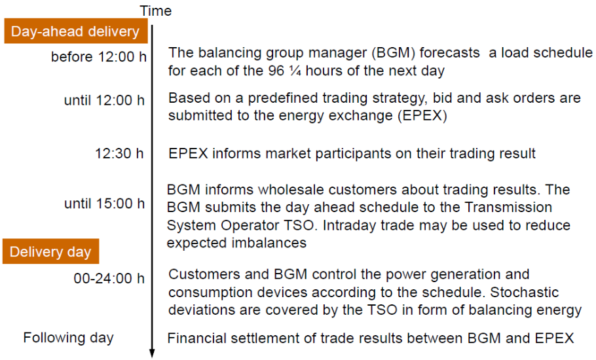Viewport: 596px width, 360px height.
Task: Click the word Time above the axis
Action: point(156,11)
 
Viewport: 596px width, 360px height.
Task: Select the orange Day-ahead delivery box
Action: point(75,31)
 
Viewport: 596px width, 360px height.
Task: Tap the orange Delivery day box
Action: point(50,251)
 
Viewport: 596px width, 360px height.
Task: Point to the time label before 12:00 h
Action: point(99,57)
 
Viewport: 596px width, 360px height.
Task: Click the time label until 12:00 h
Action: point(104,101)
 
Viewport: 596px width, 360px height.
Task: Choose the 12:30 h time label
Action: point(119,153)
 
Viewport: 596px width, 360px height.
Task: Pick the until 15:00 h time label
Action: point(105,204)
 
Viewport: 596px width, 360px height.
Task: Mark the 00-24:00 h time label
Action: point(109,278)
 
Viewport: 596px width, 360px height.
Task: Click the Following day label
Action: point(68,338)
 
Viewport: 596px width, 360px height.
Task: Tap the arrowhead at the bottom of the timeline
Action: point(152,353)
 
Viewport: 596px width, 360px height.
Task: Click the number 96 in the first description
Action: point(276,71)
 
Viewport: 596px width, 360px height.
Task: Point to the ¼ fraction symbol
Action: point(295,71)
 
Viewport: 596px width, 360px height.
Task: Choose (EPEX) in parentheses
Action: point(422,115)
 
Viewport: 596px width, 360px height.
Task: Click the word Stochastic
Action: point(525,293)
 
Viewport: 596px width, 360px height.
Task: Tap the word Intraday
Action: point(350,226)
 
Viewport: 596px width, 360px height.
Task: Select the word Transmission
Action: point(508,207)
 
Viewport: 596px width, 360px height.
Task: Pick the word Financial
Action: point(195,338)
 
